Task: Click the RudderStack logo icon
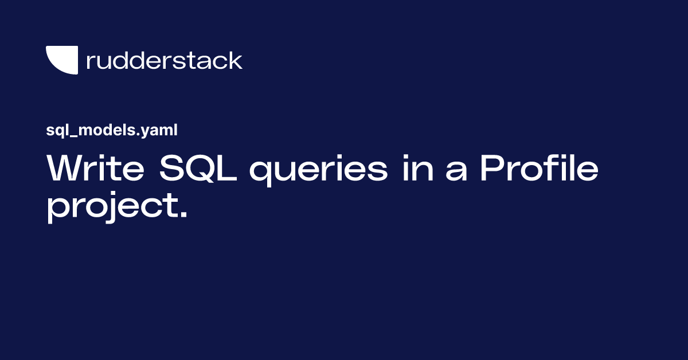pos(61,60)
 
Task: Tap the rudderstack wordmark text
pos(164,60)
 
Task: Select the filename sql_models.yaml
pos(112,131)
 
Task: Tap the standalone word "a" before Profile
pos(456,172)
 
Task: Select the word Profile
pos(539,169)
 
